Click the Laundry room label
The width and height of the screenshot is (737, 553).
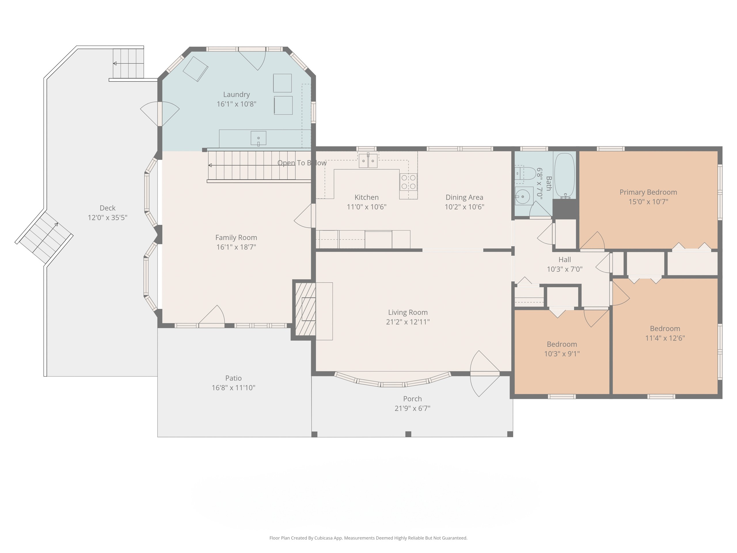tap(236, 95)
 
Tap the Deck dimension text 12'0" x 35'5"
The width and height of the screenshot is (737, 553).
tap(107, 218)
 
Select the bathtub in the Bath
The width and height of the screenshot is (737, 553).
tap(565, 176)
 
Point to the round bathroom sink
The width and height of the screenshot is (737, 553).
tap(523, 196)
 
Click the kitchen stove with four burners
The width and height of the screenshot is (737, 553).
tap(409, 182)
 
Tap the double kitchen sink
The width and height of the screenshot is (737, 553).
tap(368, 161)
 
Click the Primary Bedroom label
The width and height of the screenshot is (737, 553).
tap(648, 192)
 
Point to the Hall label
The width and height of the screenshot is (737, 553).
tap(565, 260)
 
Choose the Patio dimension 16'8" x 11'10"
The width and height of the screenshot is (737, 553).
tap(233, 388)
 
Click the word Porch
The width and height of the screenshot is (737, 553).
tap(413, 399)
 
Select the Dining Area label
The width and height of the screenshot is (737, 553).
tap(464, 197)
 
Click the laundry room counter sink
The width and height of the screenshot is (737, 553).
tap(258, 138)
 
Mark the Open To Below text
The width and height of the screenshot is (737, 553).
tap(302, 163)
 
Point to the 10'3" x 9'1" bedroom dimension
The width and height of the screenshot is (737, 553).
tap(562, 354)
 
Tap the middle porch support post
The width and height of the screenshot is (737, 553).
tap(408, 434)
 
